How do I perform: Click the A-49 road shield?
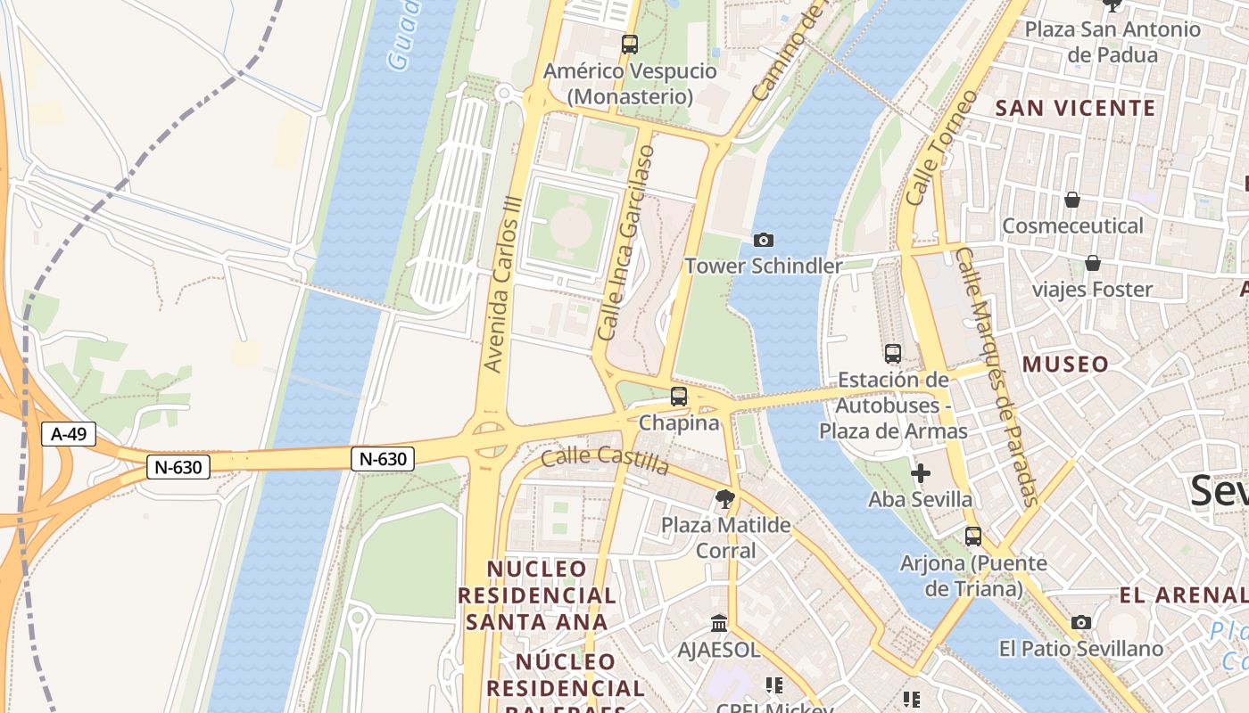click(69, 434)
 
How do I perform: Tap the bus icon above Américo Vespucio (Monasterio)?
click(630, 44)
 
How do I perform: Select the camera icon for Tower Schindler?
click(764, 240)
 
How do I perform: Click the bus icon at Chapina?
click(679, 397)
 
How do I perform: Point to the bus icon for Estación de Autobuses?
click(893, 354)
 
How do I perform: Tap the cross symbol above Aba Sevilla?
click(921, 473)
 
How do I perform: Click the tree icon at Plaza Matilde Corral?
click(725, 499)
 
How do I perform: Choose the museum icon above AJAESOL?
click(719, 623)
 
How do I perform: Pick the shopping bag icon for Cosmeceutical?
click(1072, 200)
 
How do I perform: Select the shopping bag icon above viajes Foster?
click(1092, 263)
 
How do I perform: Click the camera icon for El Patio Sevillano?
click(1081, 622)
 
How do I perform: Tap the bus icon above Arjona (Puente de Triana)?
click(973, 537)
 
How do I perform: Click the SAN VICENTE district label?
click(1075, 109)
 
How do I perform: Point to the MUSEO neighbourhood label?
click(1065, 364)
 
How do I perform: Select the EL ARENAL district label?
click(1182, 595)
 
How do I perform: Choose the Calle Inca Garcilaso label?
click(625, 242)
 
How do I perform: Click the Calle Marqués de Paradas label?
click(997, 376)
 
